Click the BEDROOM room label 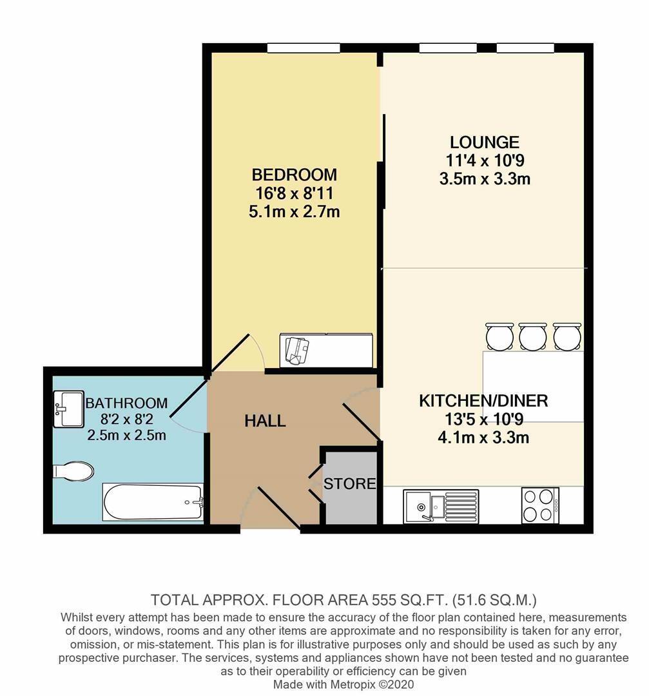click(x=295, y=175)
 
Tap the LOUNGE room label click(x=485, y=142)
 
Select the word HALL click(x=265, y=420)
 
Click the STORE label click(x=350, y=483)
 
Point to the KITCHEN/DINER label click(x=483, y=401)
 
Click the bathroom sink click(x=69, y=409)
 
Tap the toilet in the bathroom click(x=73, y=471)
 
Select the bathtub click(x=153, y=502)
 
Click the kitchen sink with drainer click(x=441, y=507)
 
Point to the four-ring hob click(x=540, y=506)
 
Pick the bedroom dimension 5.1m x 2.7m click(x=295, y=212)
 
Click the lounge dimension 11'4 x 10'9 click(x=485, y=160)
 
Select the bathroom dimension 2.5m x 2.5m click(x=126, y=435)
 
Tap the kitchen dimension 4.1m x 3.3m click(x=483, y=438)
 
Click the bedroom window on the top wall click(x=304, y=48)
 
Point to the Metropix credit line click(x=344, y=684)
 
